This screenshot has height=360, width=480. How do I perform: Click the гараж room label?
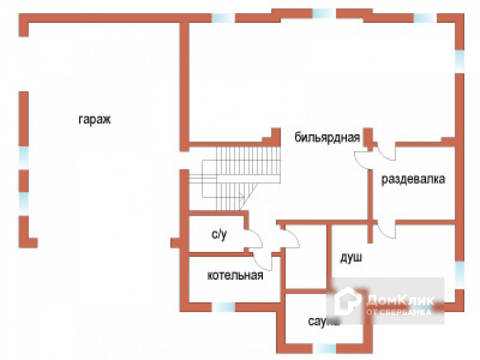pos(94,120)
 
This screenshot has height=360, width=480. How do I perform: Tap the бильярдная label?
pos(327,138)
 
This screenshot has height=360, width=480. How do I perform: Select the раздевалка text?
pos(413,180)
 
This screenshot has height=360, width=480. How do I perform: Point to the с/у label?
pos(219,234)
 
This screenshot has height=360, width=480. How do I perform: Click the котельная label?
pos(235,276)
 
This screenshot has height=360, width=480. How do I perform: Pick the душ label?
pos(351,258)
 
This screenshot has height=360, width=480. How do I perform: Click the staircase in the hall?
pos(241,177)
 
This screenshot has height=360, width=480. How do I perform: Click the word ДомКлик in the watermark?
pos(400,300)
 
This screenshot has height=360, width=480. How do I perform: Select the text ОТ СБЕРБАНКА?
pos(398,312)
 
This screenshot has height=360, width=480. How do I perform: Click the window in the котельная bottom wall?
pos(223,307)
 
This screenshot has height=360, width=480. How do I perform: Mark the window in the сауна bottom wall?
pos(325,349)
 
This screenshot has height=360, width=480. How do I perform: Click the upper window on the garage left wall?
pos(23,157)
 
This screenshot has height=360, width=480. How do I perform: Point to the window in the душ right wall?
pos(459,274)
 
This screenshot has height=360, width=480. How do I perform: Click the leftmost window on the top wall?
pos(223,18)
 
